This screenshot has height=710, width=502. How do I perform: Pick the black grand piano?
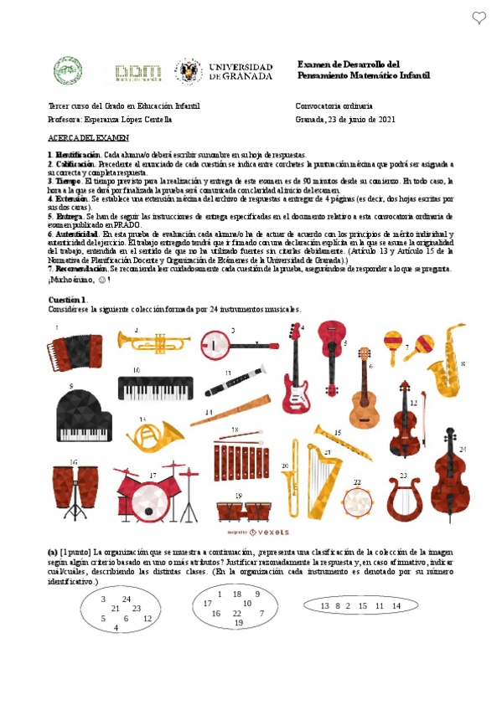(82, 415)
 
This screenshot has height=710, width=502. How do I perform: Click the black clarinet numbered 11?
(235, 383)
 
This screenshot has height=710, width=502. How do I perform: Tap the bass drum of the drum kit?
(148, 502)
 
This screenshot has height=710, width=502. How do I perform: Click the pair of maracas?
(409, 342)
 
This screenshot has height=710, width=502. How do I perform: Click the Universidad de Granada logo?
(223, 70)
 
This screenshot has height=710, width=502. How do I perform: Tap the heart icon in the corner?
(479, 17)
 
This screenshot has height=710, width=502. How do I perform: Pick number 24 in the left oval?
(127, 599)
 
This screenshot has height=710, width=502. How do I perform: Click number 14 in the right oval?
(396, 605)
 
